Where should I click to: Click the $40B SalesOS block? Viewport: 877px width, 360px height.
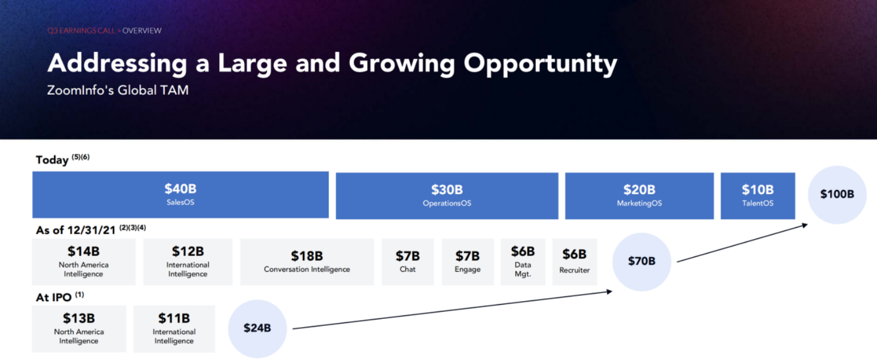[181, 195]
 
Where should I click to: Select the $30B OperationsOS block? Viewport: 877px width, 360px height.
[446, 196]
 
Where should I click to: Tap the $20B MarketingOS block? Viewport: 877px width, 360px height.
[639, 196]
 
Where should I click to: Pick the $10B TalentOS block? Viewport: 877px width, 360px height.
[758, 196]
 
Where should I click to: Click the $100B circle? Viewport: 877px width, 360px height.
[837, 195]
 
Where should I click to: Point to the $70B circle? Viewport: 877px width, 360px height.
[642, 262]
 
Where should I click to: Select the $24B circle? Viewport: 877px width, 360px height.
[257, 329]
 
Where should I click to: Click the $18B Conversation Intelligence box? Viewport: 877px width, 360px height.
[307, 262]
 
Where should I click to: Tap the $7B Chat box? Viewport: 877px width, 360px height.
[408, 262]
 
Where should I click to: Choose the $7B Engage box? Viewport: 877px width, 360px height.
[468, 262]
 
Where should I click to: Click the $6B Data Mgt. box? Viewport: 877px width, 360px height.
[523, 262]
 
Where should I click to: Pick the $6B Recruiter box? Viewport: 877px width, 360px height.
[574, 262]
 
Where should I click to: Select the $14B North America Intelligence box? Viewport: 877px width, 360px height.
[84, 262]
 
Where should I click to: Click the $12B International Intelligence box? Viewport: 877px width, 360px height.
[188, 262]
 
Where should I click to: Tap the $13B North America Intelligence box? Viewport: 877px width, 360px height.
[79, 329]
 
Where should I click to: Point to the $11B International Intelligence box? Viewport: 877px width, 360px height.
[174, 329]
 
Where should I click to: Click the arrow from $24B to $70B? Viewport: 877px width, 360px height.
[452, 310]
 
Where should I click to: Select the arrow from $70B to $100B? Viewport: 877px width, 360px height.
[742, 242]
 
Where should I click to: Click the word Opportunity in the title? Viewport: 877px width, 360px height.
[541, 64]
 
